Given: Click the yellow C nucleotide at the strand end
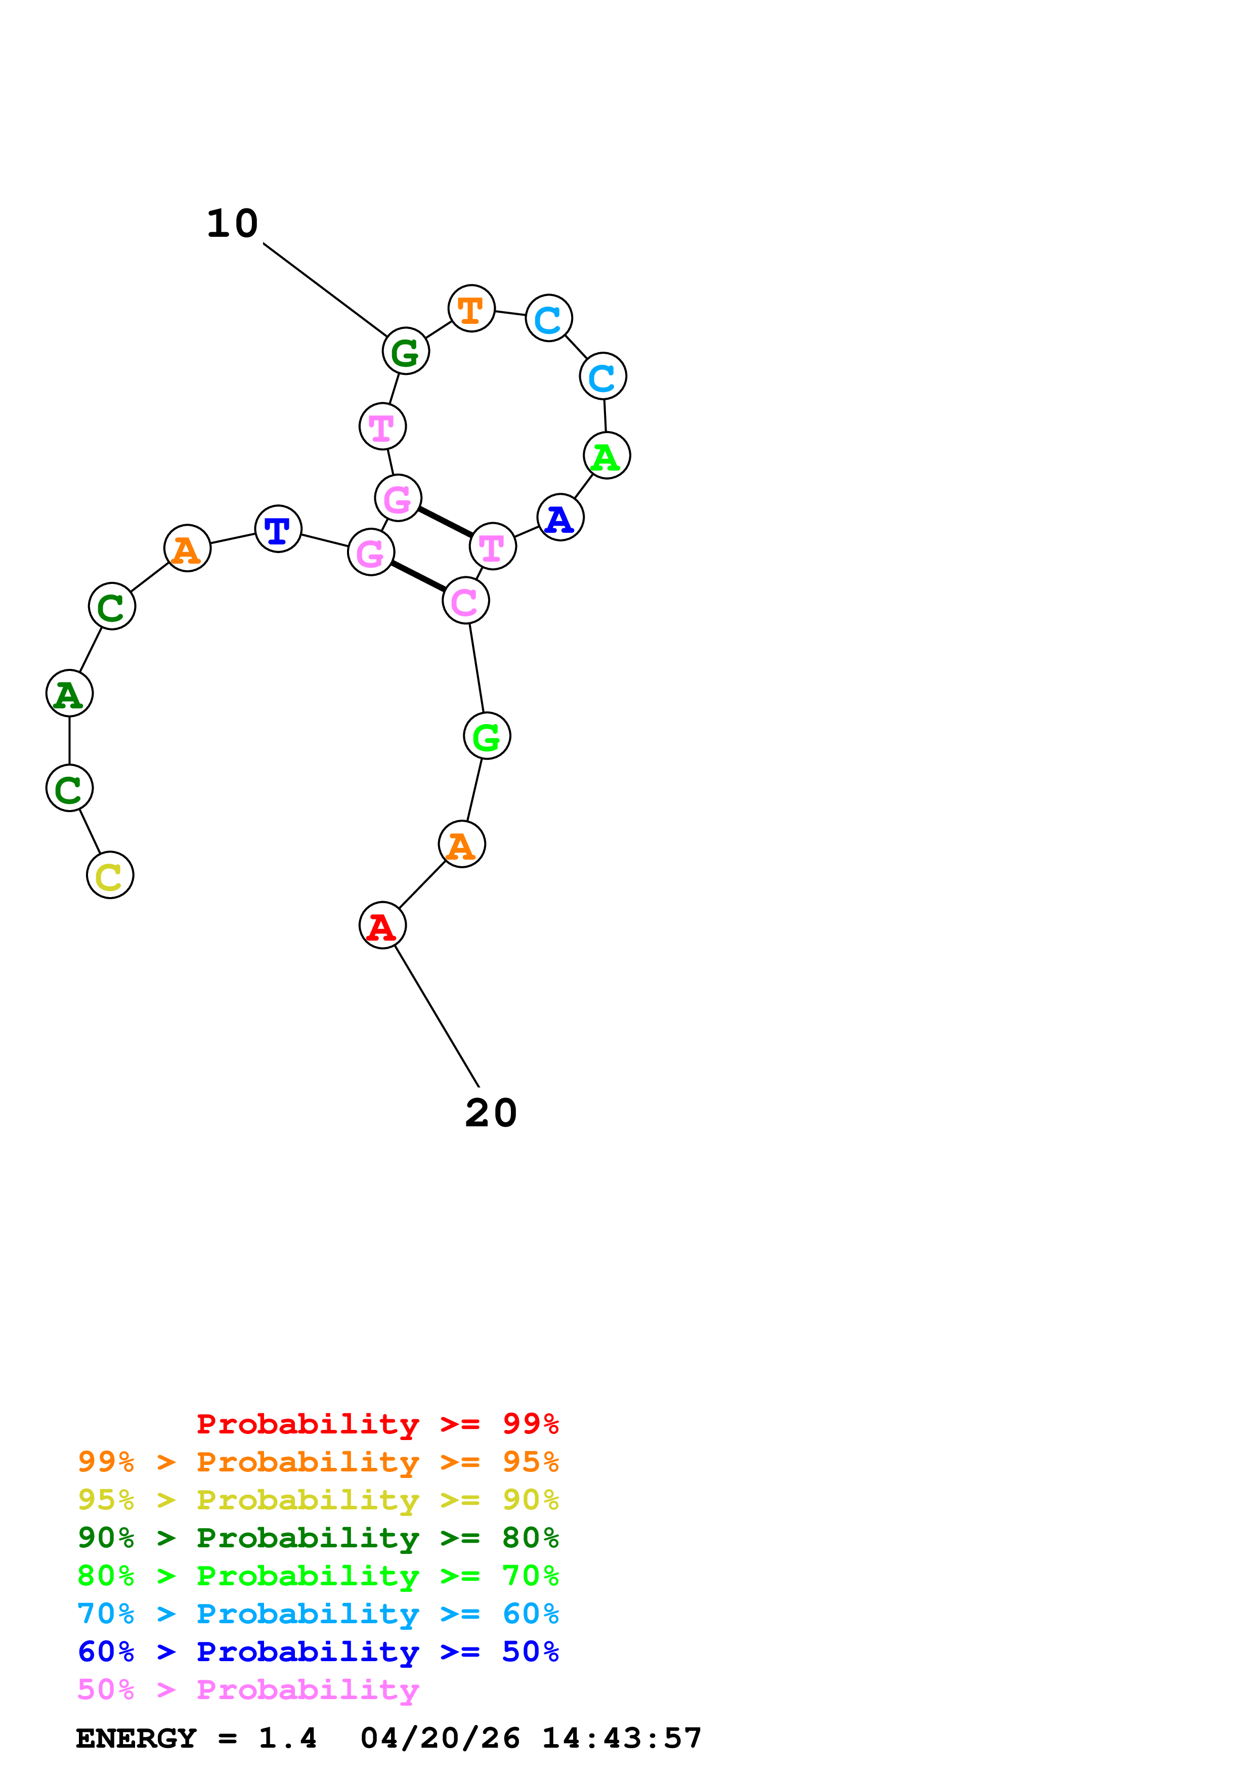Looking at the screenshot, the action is pyautogui.click(x=110, y=875).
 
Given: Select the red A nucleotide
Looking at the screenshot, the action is pyautogui.click(x=382, y=925).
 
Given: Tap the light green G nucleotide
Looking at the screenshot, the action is pyautogui.click(x=487, y=736).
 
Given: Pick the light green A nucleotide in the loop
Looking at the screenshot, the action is pyautogui.click(x=607, y=455).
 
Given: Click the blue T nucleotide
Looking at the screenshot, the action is pyautogui.click(x=278, y=529).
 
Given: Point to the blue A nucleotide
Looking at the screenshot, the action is pyautogui.click(x=560, y=517).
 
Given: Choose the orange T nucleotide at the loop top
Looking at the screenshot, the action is pyautogui.click(x=471, y=308).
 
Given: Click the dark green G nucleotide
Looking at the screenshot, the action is pyautogui.click(x=406, y=351).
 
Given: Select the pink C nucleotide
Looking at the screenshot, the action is pyautogui.click(x=466, y=600).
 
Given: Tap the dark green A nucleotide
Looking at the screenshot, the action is pyautogui.click(x=69, y=694).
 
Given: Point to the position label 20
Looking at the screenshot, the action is pyautogui.click(x=491, y=1113).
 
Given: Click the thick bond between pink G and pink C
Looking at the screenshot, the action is pyautogui.click(x=418, y=576).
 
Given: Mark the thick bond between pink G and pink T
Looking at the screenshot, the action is pyautogui.click(x=445, y=522).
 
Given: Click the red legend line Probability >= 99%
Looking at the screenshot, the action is pyautogui.click(x=378, y=1423).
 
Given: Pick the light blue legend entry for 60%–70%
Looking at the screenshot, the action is pyautogui.click(x=318, y=1614).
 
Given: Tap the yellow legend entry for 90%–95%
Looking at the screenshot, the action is pyautogui.click(x=318, y=1500).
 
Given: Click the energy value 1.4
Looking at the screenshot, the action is pyautogui.click(x=287, y=1738).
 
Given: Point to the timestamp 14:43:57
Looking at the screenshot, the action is pyautogui.click(x=622, y=1738).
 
